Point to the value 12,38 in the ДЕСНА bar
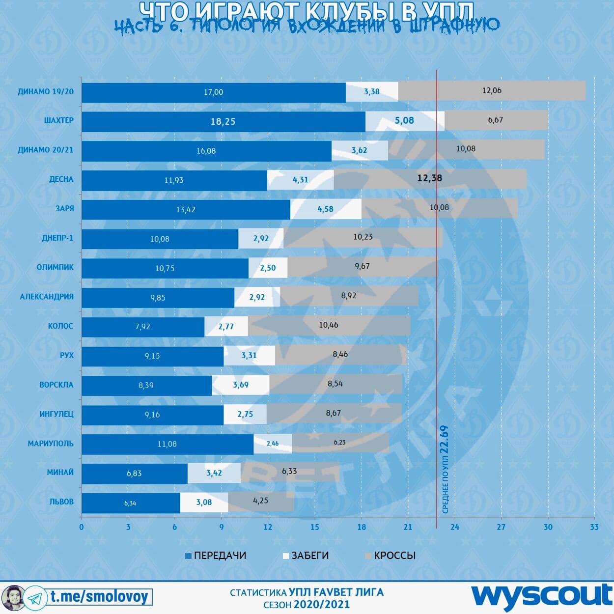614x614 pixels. (429, 178)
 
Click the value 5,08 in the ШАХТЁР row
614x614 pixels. (404, 120)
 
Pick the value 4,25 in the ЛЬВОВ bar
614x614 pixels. (260, 501)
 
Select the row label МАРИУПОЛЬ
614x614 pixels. (51, 444)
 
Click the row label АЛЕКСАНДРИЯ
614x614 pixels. (47, 297)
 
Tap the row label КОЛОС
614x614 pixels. (60, 326)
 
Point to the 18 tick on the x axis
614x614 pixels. (361, 527)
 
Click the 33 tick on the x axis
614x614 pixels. (594, 527)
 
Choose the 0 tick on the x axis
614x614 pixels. (82, 527)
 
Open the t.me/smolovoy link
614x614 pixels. (99, 597)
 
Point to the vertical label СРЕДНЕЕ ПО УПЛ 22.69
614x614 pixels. (445, 469)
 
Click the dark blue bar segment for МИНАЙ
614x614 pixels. (135, 474)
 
